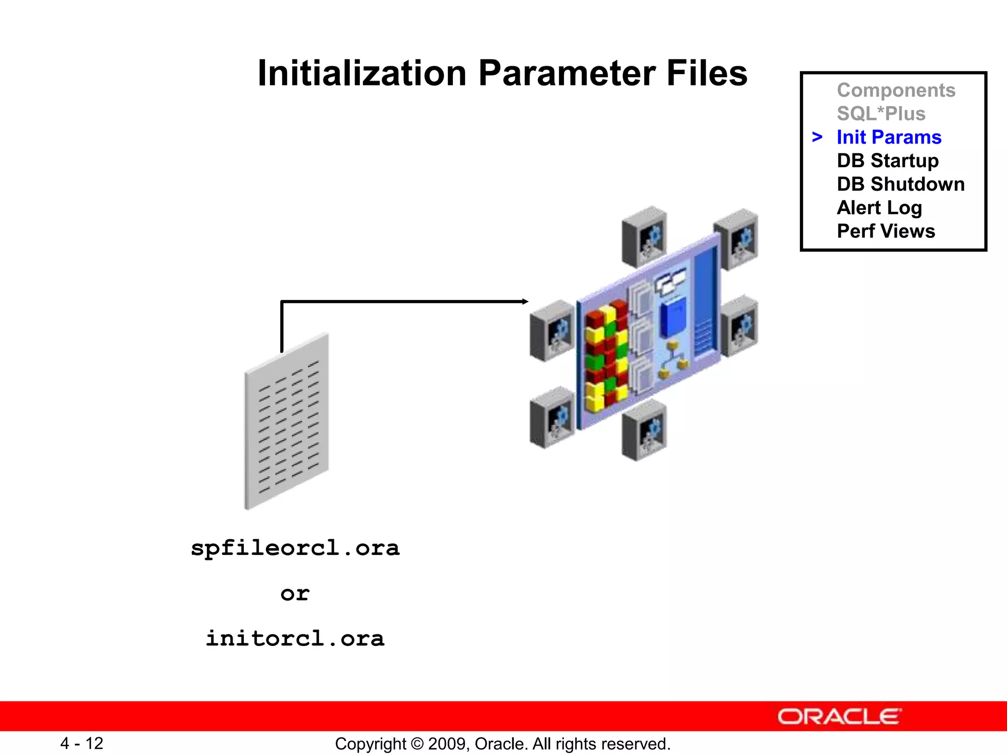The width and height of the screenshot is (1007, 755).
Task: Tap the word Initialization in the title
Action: [362, 74]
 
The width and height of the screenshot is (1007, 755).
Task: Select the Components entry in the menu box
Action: [896, 90]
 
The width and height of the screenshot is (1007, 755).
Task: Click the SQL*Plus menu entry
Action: [881, 114]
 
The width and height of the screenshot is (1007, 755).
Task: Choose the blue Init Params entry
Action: [889, 138]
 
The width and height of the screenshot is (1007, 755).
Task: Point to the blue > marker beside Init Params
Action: [817, 137]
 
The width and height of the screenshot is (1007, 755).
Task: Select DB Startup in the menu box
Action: [888, 161]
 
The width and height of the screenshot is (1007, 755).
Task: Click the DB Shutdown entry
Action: [900, 184]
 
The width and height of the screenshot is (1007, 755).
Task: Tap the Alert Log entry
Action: [879, 208]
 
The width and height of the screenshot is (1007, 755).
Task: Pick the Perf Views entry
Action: [886, 232]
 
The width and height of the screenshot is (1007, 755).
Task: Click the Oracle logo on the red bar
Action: [839, 717]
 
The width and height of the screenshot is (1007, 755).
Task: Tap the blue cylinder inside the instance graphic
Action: [673, 318]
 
